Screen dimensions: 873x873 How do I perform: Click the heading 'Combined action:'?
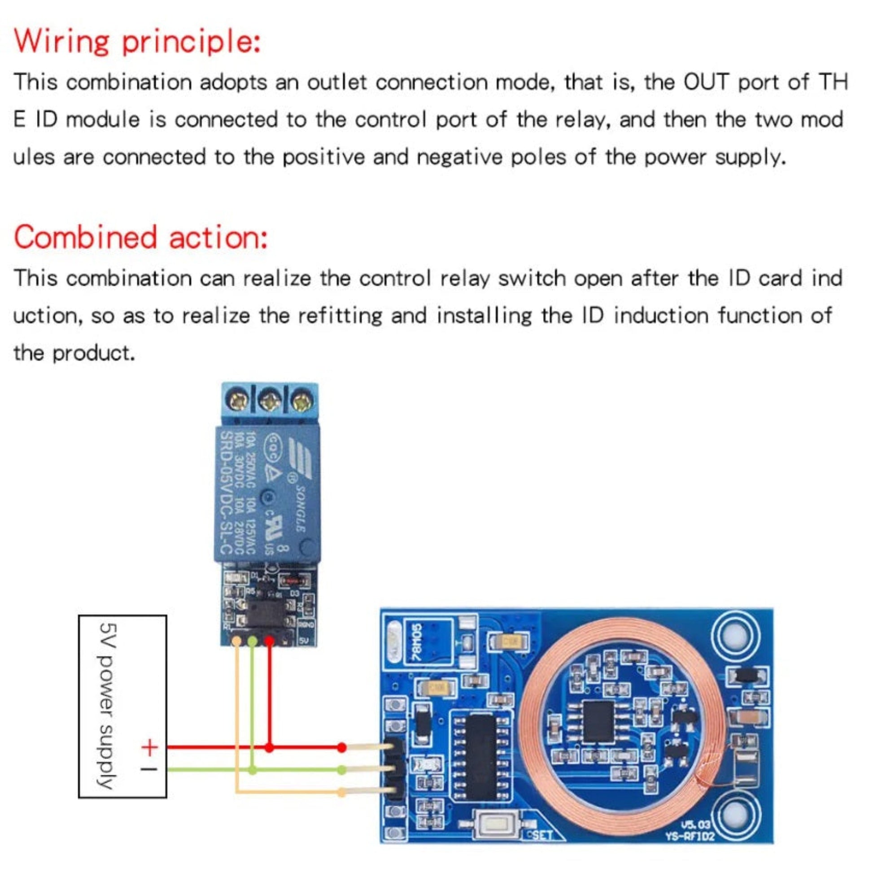140,238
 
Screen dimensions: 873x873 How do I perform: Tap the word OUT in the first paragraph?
706,82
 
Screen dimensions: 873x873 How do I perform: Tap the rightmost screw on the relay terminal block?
302,402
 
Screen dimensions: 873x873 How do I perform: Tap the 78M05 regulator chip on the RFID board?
417,642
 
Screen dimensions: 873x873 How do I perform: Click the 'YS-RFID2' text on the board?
690,836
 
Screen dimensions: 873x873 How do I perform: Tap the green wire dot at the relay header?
253,641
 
